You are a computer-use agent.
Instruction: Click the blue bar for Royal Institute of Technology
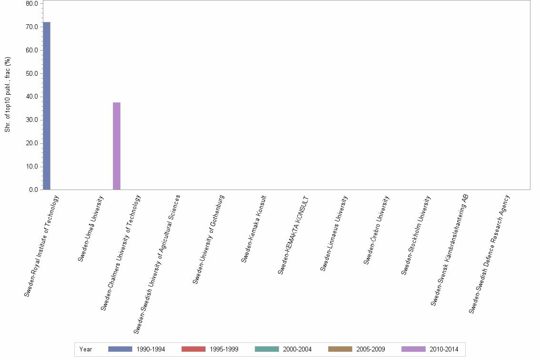click(47, 106)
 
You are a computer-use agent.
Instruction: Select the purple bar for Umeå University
click(117, 146)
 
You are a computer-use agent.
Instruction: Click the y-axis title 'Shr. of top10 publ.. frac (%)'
click(8, 94)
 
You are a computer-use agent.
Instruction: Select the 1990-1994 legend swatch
click(120, 349)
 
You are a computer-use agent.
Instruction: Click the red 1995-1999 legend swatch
click(193, 349)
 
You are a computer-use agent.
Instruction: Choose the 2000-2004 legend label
click(297, 350)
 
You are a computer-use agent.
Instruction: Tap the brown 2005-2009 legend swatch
click(340, 349)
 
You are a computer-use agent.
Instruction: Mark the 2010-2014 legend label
click(444, 350)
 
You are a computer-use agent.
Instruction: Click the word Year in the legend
click(86, 350)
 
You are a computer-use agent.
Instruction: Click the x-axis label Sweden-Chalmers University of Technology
click(121, 252)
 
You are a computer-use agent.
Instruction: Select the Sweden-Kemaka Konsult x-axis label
click(254, 229)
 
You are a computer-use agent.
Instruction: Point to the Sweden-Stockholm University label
click(416, 235)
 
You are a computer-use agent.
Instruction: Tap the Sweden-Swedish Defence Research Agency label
click(490, 253)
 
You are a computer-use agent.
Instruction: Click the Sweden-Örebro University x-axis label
click(377, 230)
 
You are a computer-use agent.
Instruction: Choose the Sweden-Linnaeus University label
click(334, 233)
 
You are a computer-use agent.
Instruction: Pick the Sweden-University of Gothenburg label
click(209, 240)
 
